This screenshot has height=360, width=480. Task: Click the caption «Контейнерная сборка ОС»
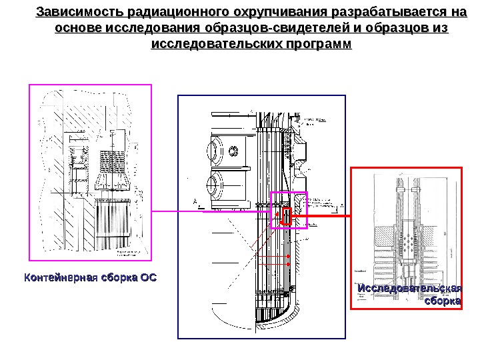click(91, 277)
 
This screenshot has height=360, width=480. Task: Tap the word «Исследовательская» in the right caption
click(409, 288)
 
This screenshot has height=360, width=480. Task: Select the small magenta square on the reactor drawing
click(289, 210)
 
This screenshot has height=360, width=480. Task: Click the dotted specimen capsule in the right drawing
click(408, 246)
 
